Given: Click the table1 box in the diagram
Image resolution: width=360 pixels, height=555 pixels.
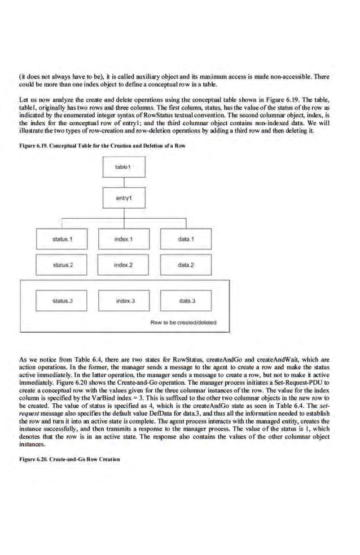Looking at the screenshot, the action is [x=124, y=168].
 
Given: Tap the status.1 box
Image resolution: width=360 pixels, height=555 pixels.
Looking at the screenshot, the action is [x=63, y=239].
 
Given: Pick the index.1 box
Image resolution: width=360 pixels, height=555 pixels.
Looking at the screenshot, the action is [x=124, y=239].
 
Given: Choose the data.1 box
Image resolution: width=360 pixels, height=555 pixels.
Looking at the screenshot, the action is [x=186, y=239].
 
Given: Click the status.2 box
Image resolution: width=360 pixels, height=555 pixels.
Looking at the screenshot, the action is [x=63, y=265].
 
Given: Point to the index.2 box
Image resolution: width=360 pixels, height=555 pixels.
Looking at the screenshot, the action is [x=124, y=265].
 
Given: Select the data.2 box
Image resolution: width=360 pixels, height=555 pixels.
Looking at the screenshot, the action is [x=186, y=265].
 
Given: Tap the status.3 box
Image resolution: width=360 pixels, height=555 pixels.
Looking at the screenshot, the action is [x=63, y=301].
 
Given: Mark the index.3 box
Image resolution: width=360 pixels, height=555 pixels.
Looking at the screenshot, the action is [x=124, y=301].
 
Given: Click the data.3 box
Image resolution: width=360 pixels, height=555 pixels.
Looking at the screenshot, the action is [x=186, y=301].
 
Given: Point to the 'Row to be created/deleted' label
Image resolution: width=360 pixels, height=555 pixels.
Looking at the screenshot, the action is [x=183, y=323].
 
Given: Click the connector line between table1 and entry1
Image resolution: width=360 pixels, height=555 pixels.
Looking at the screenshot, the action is [x=124, y=182].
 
